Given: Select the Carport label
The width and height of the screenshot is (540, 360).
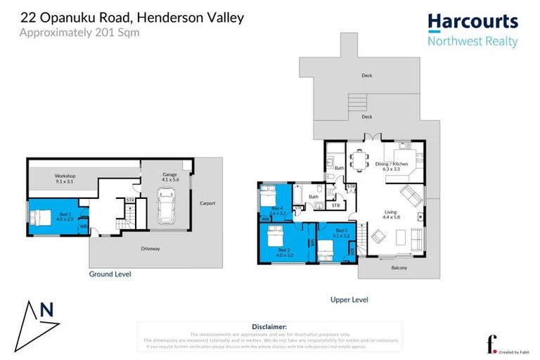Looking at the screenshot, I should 207,203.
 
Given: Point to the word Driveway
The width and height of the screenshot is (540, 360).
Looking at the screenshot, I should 150,248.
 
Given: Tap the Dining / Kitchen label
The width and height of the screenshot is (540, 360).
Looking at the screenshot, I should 395,165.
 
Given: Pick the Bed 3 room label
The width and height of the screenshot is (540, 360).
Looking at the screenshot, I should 341,233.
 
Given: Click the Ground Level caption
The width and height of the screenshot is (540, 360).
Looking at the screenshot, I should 110,274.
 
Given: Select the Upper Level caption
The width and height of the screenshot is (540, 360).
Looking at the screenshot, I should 349,300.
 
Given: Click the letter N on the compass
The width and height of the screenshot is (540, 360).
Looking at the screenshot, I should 46,310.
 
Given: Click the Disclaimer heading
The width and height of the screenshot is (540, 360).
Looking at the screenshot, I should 269,327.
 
